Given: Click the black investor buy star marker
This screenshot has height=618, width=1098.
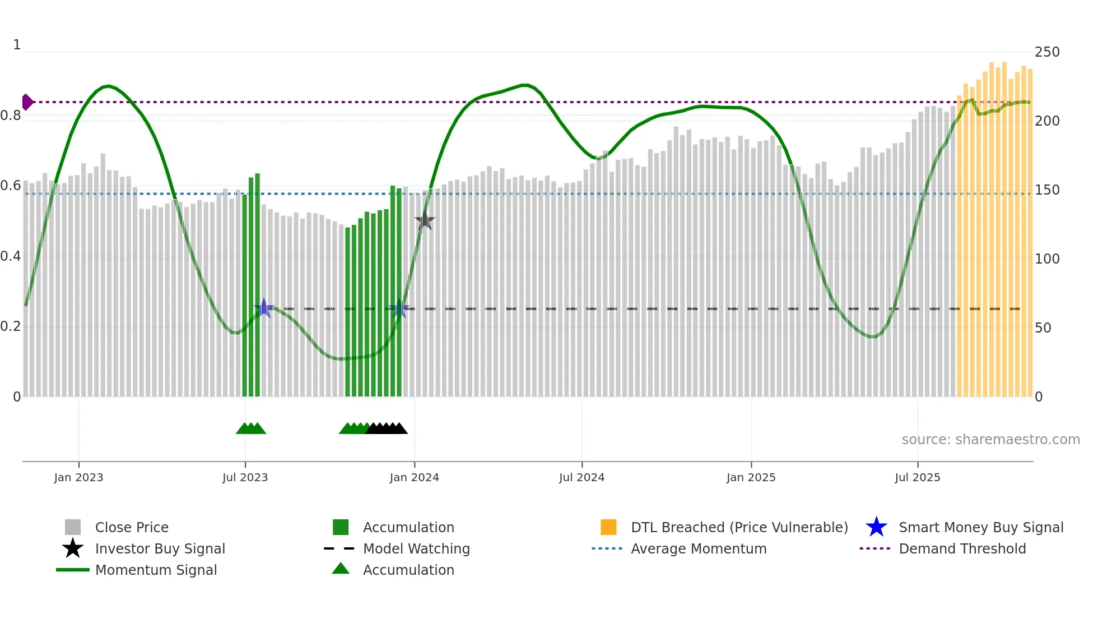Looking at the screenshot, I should [x=425, y=220].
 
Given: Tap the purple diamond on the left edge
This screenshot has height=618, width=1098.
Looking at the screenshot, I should [x=27, y=102].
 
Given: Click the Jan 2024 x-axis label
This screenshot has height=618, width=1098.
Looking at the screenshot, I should [x=414, y=477].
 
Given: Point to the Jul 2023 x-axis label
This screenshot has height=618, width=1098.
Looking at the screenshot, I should [x=245, y=477].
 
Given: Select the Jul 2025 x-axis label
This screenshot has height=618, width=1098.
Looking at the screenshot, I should [x=917, y=477].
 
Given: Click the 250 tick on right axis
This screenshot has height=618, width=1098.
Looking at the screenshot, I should [x=1046, y=52].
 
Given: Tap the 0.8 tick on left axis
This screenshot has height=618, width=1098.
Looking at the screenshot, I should [x=11, y=116].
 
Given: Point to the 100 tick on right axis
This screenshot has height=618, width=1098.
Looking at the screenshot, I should [x=1046, y=259].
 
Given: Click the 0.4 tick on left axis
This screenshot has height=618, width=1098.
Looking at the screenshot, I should [x=11, y=256].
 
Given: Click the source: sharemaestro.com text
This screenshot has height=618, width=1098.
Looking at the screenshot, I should [x=990, y=440].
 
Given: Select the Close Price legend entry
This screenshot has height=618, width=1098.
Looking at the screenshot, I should [x=132, y=527].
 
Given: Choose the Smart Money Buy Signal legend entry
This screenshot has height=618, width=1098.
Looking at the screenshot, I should [x=980, y=527].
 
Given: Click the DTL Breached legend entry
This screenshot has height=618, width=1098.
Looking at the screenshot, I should [x=739, y=527].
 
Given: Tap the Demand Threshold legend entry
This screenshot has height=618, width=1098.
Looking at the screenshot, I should [x=962, y=548].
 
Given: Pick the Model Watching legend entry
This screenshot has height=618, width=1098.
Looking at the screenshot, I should [x=416, y=548].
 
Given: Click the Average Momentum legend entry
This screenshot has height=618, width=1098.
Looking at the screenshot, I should [x=698, y=548].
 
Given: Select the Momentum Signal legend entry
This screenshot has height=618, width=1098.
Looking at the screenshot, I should [x=156, y=570].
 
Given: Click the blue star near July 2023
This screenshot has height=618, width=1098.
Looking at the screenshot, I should [x=264, y=308].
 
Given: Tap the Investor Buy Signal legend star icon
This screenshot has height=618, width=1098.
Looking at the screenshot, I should [x=73, y=548].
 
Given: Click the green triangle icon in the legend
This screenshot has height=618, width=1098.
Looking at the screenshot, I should [x=341, y=569].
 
